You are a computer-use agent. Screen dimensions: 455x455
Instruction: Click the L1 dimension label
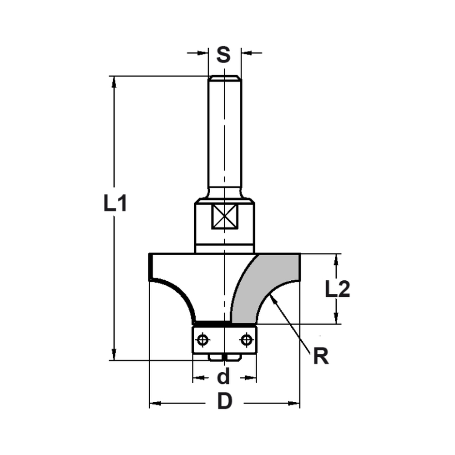(x=115, y=203)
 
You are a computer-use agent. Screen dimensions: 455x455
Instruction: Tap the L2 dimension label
(x=338, y=289)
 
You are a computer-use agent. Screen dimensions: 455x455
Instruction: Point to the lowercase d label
(x=223, y=377)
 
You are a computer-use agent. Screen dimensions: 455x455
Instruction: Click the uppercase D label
(x=224, y=402)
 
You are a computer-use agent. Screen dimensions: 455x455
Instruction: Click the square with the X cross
(x=225, y=216)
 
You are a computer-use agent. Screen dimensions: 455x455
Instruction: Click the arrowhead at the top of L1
(x=114, y=81)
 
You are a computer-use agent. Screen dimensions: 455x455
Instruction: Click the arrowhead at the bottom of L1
(x=114, y=355)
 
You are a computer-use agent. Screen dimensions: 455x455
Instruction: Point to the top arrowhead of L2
(x=336, y=259)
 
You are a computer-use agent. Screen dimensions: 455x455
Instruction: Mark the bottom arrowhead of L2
(x=336, y=318)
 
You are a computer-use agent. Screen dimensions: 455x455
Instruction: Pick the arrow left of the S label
(x=203, y=53)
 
